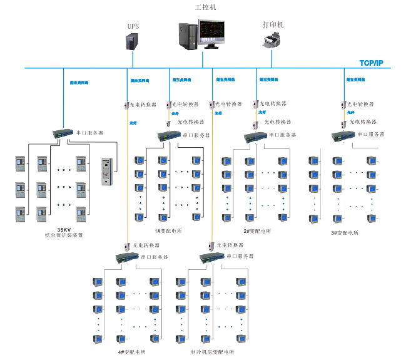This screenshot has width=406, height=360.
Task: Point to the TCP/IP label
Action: tap(372, 63)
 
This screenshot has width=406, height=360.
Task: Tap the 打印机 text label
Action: tap(273, 25)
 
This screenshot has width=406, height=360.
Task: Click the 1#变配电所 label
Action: tap(168, 231)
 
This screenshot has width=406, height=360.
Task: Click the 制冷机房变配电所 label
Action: tap(212, 352)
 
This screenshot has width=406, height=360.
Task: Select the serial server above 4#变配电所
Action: tap(126, 257)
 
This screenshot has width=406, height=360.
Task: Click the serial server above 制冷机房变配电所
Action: tap(211, 257)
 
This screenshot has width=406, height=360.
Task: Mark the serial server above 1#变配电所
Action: tap(170, 135)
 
